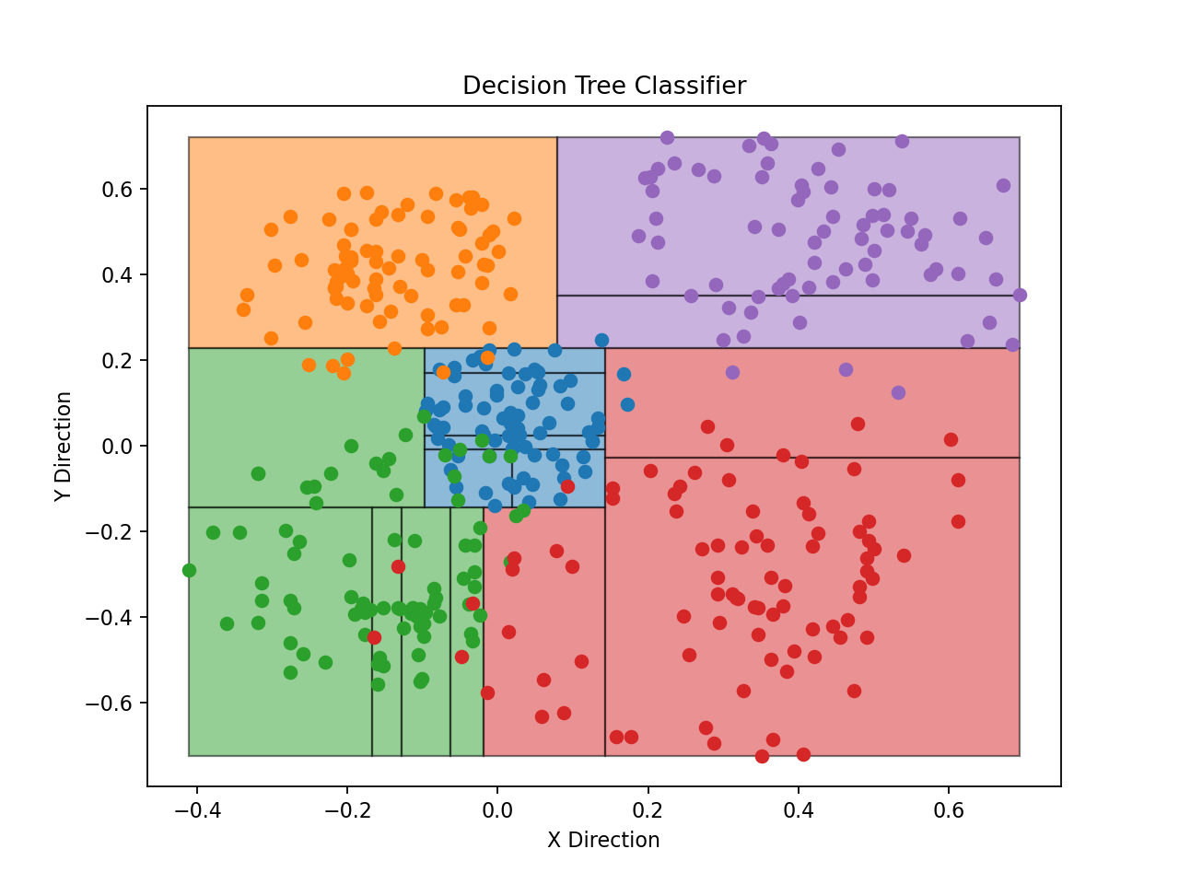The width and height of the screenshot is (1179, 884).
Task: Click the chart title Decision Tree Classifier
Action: pos(604,86)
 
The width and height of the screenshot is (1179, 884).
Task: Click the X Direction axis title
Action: pos(603,840)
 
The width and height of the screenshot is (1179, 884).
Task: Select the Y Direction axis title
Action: pos(63,446)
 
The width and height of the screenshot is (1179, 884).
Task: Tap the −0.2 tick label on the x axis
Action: pos(346,810)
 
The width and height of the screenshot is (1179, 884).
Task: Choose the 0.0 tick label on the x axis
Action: pos(497,810)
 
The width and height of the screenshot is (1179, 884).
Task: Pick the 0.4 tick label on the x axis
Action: pos(799,810)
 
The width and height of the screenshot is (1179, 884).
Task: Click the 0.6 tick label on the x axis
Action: pos(949,810)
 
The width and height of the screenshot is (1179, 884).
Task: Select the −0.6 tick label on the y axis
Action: pos(110,703)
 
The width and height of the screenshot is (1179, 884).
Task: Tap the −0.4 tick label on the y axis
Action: pos(110,617)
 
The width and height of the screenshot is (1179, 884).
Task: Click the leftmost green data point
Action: pos(189,570)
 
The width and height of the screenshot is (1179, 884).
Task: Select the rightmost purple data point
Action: pos(1020,295)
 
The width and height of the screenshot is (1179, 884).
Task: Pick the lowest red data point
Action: pos(762,756)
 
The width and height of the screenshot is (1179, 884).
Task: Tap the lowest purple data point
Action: pos(898,392)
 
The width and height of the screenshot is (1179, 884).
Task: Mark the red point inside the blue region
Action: pos(567,486)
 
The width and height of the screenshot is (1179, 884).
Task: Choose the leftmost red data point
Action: pos(374,637)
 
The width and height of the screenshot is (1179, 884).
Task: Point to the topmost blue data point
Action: pos(601,340)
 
